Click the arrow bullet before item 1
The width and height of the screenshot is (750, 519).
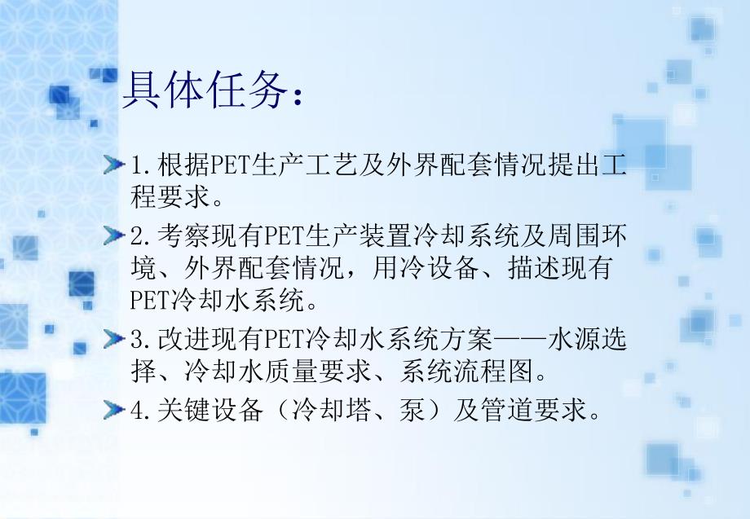117,167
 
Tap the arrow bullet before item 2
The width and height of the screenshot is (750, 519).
117,236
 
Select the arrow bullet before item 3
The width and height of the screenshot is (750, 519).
117,340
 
